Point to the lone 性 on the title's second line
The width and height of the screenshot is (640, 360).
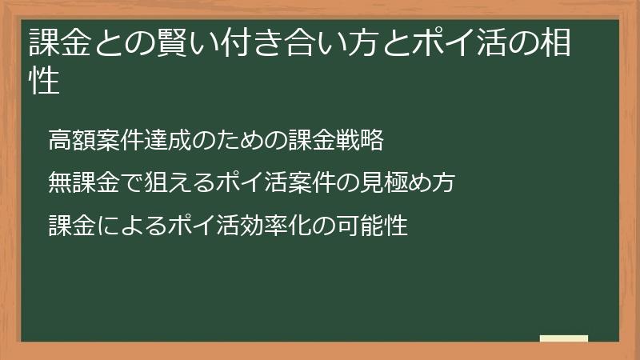click(46, 82)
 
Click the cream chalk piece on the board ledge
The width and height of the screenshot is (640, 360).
click(564, 338)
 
